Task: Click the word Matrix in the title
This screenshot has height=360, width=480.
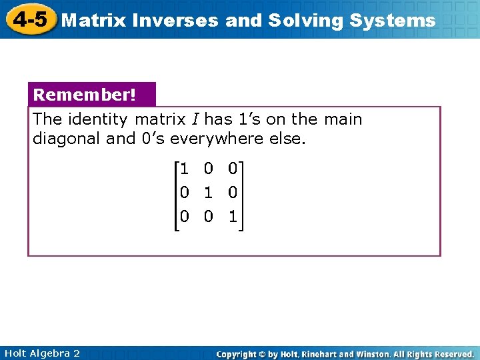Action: coord(94,21)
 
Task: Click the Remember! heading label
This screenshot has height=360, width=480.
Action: coord(85,95)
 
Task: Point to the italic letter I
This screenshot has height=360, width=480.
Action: coord(194,120)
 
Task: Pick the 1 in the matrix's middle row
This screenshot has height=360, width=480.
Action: coord(209,193)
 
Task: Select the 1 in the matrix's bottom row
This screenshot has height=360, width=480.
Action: coord(232,217)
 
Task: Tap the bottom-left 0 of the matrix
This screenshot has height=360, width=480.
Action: coord(184,217)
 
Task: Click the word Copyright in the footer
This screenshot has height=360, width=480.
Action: coord(237,354)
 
